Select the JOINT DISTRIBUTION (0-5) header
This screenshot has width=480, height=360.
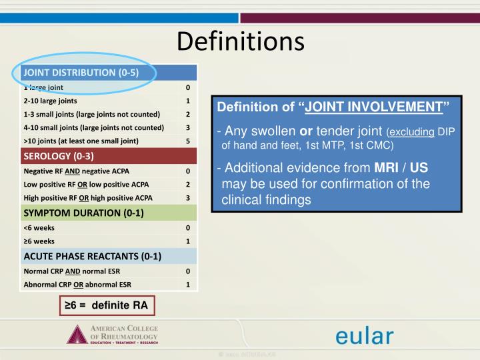point(81,73)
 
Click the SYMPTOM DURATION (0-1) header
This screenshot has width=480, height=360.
point(84,213)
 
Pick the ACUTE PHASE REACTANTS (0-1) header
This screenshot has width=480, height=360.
point(93,256)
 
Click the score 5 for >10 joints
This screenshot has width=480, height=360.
point(188,141)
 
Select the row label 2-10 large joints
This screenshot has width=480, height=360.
point(50,101)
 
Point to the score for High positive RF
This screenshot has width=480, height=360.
point(188,197)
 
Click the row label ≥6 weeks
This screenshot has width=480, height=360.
point(39,241)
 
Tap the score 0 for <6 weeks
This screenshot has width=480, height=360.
point(188,228)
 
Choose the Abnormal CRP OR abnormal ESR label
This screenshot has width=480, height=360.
point(77,285)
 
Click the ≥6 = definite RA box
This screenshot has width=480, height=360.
point(107,305)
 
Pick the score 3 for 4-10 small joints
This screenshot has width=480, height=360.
point(188,127)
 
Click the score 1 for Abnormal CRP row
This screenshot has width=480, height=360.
point(188,285)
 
